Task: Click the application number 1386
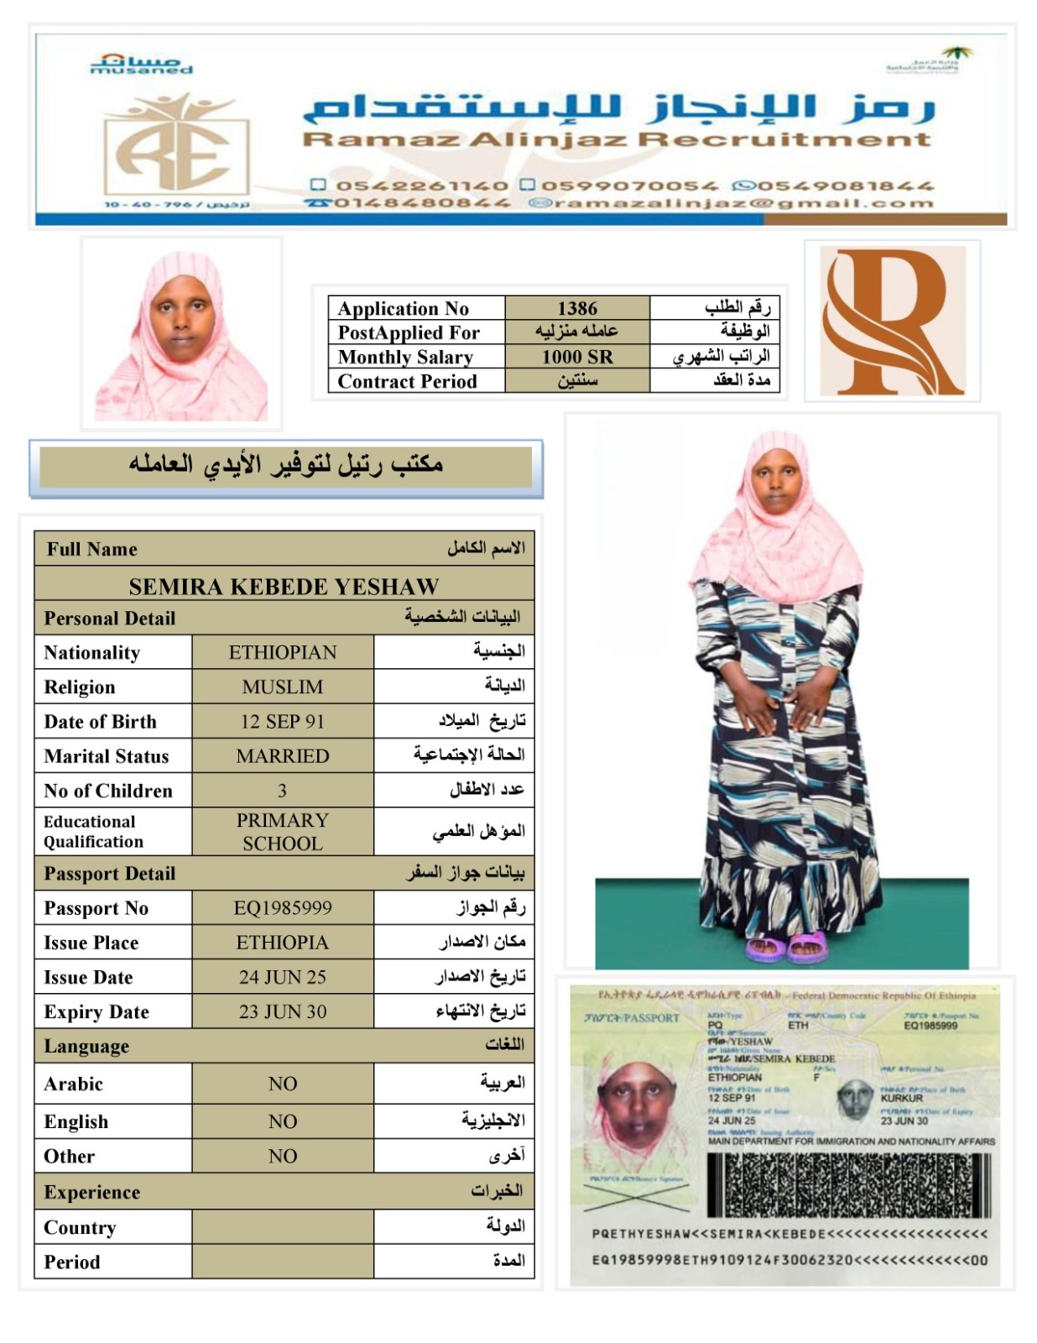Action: [577, 309]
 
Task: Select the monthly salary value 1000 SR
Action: [577, 357]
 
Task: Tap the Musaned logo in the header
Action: [141, 65]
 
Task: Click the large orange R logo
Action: [892, 321]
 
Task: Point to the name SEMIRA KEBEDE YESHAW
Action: [284, 586]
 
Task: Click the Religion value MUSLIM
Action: [283, 687]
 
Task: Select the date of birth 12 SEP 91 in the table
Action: [283, 721]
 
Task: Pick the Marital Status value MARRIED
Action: [283, 755]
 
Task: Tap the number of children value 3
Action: [283, 791]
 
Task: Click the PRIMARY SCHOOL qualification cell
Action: [283, 832]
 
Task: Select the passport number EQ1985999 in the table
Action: [283, 907]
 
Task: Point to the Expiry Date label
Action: [96, 1012]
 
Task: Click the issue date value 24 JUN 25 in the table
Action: [283, 977]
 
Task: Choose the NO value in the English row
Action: [283, 1121]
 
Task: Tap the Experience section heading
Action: [92, 1192]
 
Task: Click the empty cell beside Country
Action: [283, 1227]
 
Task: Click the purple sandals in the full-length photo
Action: [787, 948]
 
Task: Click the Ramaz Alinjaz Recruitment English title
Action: [617, 139]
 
